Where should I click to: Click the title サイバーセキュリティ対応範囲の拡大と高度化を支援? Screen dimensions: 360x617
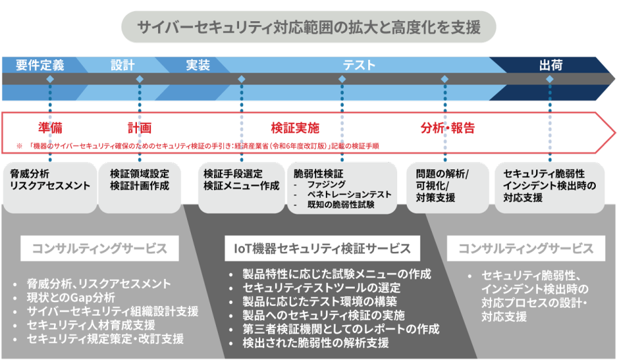(308, 27)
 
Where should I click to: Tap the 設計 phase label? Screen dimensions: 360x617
(122, 65)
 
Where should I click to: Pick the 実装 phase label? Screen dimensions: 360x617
(198, 65)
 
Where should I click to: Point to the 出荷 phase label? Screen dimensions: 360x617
(551, 65)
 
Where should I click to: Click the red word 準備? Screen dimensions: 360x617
(50, 127)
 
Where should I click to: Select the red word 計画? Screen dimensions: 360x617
(139, 127)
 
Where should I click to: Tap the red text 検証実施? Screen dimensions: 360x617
(295, 127)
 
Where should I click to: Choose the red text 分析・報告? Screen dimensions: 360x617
(448, 127)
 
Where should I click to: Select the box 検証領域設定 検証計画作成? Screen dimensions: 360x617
(139, 181)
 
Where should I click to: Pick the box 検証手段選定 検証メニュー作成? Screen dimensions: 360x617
(241, 181)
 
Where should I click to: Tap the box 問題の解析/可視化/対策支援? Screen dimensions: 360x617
(444, 186)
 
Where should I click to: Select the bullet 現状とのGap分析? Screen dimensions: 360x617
(71, 297)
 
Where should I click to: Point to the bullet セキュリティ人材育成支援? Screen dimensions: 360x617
(91, 325)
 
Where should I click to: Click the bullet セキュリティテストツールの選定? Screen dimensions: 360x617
(321, 287)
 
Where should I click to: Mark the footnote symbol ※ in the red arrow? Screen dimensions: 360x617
(19, 147)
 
